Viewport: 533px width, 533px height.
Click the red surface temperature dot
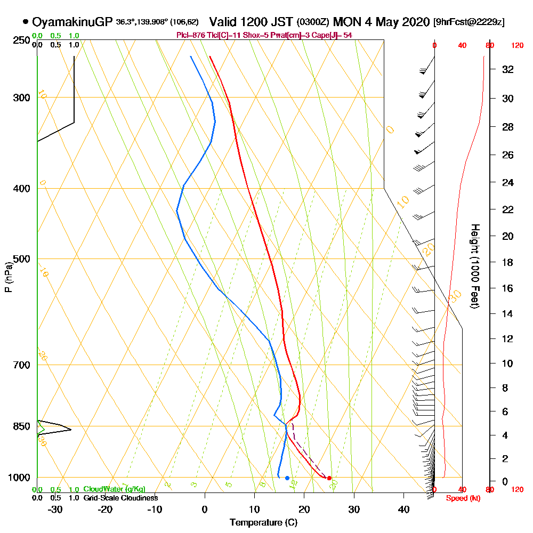point(329,478)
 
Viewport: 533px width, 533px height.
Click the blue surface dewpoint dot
point(287,478)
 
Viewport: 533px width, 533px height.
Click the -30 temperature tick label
point(55,510)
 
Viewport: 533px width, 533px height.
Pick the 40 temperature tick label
point(403,510)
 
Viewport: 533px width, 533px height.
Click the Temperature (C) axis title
point(263,523)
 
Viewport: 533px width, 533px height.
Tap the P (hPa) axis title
point(8,277)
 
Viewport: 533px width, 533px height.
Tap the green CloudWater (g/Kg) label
point(114,489)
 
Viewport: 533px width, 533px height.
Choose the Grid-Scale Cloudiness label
point(120,498)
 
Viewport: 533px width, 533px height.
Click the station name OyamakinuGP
point(72,22)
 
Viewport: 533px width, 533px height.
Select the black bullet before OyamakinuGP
point(26,22)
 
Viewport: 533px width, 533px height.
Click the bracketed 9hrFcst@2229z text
point(469,22)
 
